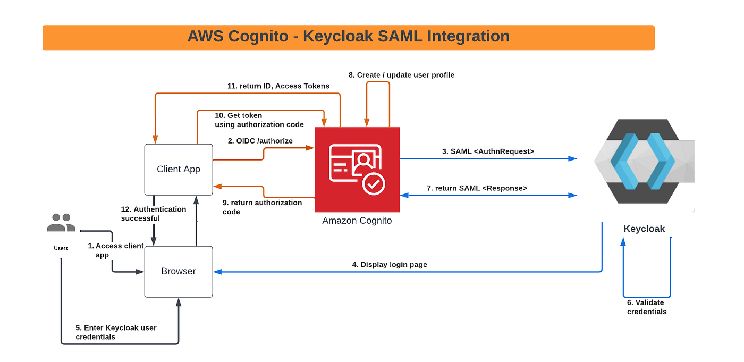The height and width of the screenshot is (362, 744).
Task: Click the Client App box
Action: [x=179, y=169]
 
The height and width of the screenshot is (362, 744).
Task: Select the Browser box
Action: [x=179, y=271]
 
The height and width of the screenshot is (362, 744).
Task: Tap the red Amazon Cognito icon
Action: [x=357, y=169]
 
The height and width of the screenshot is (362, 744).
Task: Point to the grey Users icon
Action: [x=61, y=223]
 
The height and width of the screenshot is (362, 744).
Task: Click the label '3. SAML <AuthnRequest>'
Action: [x=488, y=151]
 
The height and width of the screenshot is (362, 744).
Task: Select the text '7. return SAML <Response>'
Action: [x=477, y=188]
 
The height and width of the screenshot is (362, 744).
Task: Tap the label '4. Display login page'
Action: [x=393, y=264]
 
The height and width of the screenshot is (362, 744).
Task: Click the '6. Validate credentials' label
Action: [x=647, y=307]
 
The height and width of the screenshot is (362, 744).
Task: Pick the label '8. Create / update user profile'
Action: [x=401, y=75]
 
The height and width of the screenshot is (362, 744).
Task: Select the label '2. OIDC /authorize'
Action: [x=260, y=141]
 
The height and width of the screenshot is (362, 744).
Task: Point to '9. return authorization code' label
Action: [x=262, y=207]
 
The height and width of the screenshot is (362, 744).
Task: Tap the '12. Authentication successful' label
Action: [x=153, y=213]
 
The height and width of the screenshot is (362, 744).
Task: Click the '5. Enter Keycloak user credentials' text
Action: [x=116, y=332]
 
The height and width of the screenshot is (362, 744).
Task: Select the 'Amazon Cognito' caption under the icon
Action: [x=357, y=220]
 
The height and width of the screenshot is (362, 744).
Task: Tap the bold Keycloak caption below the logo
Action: [x=644, y=229]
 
